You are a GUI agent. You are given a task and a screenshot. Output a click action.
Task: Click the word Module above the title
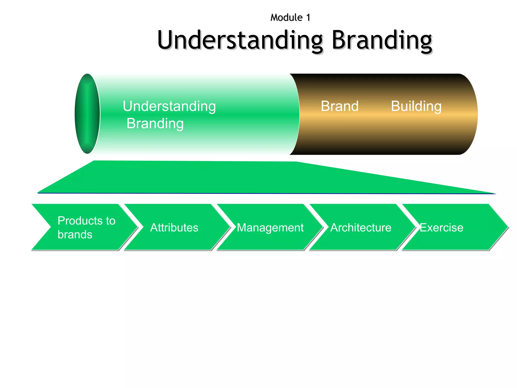point(286,18)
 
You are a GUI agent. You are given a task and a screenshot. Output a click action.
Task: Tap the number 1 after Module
point(308,18)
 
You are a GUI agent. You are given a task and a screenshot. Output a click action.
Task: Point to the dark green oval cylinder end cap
point(87,114)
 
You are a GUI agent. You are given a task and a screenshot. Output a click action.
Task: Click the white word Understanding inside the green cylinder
point(169,106)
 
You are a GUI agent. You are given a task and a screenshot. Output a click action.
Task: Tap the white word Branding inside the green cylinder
point(155,124)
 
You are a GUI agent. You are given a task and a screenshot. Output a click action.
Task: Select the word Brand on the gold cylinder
point(340,106)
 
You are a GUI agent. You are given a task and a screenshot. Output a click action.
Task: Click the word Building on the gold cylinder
point(416,106)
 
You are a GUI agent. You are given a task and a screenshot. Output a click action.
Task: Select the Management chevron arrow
point(270,227)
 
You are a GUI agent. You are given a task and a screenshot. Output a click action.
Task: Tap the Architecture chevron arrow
point(361,227)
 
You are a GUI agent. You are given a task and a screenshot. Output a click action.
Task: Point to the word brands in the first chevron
point(75,235)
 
